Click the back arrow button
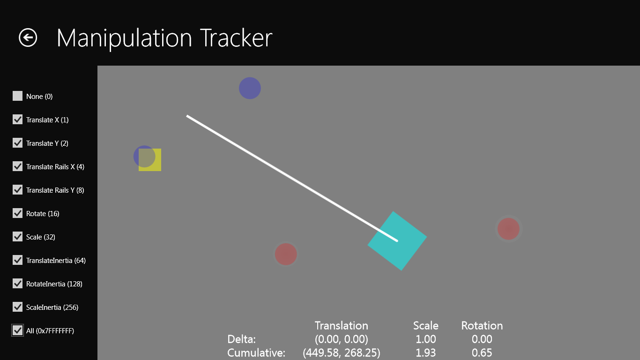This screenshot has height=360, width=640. (28, 37)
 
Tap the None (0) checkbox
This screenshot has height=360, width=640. (17, 96)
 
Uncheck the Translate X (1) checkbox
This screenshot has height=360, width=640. (17, 120)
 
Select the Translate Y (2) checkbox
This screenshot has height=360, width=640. (17, 143)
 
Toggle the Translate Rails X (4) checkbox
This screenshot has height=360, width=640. (17, 166)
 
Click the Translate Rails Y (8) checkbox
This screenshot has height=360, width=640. (17, 190)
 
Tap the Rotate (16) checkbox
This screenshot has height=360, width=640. (17, 213)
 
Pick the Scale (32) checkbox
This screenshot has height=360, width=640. (17, 237)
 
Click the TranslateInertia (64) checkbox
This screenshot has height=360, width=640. (17, 260)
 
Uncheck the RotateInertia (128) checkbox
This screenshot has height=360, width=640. (17, 284)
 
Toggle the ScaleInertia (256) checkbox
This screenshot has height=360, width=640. (17, 307)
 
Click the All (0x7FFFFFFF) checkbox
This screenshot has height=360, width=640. (17, 330)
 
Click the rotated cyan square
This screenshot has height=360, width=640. (397, 241)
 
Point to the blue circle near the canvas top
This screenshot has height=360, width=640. (250, 88)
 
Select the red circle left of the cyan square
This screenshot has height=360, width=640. (286, 254)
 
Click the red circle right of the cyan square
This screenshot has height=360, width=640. (508, 229)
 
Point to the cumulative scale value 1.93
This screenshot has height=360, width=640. (426, 353)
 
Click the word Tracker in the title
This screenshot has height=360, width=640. (236, 38)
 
